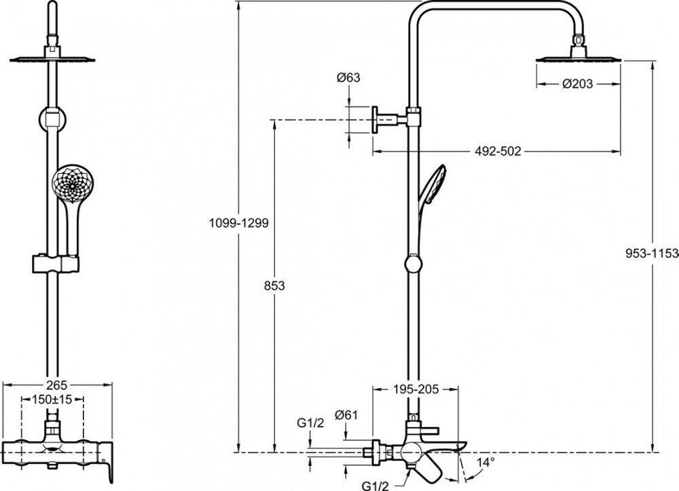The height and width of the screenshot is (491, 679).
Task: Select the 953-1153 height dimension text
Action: [652, 253]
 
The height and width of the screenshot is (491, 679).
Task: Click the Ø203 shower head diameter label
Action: [578, 84]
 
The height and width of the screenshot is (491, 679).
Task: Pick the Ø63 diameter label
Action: [348, 78]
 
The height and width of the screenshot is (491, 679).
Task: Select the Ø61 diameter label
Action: [346, 415]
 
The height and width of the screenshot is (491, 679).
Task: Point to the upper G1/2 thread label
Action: [309, 424]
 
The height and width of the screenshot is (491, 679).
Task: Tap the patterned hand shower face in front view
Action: [68, 183]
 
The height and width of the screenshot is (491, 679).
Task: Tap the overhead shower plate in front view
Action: [52, 59]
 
